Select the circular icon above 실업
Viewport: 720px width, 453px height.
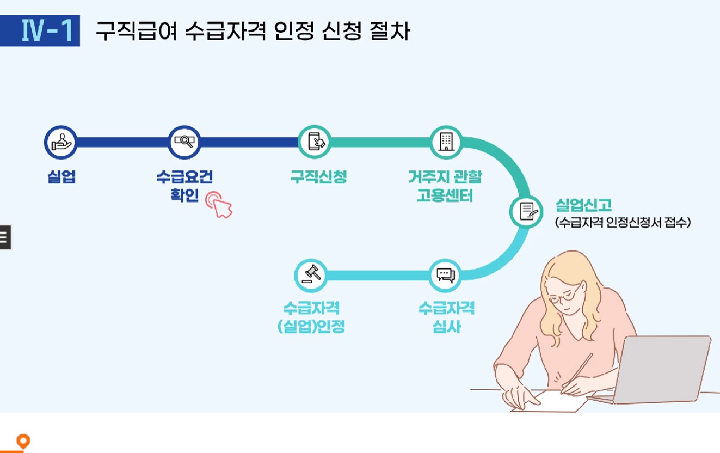[x=60, y=142]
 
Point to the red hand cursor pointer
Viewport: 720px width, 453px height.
[x=220, y=205]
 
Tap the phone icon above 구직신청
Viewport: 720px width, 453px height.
[x=315, y=142]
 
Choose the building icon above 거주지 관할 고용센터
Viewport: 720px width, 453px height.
[x=445, y=142]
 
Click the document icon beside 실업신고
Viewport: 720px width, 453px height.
[x=526, y=211]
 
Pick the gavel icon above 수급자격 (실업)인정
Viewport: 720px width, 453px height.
[x=311, y=276]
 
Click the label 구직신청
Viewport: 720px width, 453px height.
[x=318, y=177]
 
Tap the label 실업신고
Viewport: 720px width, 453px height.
[x=583, y=205]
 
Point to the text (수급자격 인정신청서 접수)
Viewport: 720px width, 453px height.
[x=623, y=223]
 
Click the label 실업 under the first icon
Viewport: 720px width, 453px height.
[x=61, y=177]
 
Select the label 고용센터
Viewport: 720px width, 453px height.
[x=445, y=195]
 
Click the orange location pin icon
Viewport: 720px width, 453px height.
[x=23, y=442]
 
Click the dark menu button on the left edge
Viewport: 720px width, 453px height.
[x=5, y=237]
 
